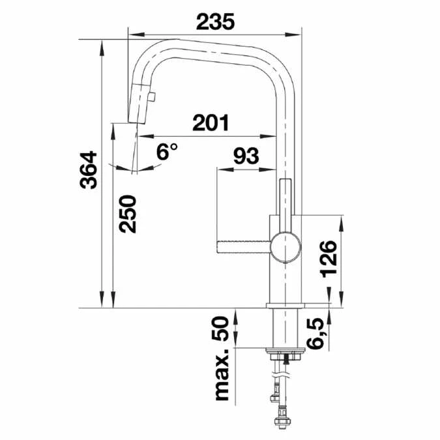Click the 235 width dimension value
(x=216, y=22)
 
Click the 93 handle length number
(x=246, y=156)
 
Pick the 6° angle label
(x=167, y=152)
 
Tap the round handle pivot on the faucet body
(x=285, y=247)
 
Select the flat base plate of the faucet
(x=285, y=305)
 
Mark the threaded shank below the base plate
(x=284, y=329)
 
